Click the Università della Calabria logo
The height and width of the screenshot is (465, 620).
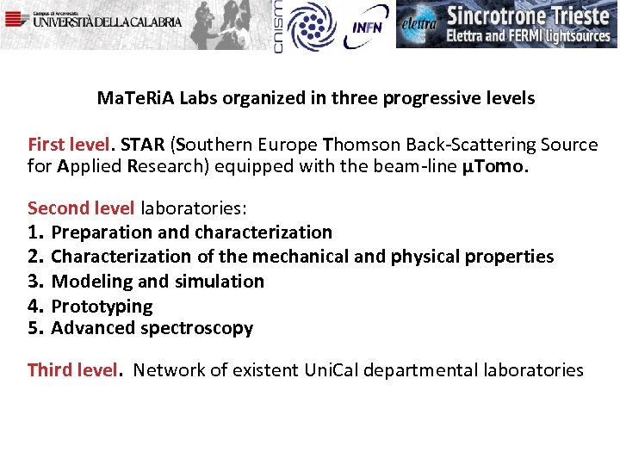95,19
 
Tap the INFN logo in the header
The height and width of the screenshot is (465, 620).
368,26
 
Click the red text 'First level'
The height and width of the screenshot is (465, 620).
70,144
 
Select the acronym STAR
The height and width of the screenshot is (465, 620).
141,144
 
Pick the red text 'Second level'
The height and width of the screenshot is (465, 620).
81,208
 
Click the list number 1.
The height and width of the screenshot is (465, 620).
34,232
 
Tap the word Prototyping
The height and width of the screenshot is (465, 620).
102,306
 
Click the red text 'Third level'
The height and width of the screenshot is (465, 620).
71,370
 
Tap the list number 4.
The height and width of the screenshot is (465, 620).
35,306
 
